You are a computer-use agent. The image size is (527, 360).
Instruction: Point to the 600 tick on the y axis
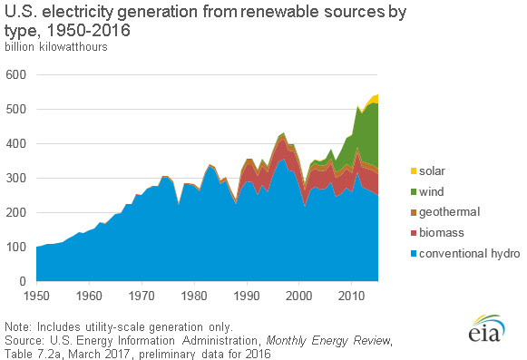[16, 74]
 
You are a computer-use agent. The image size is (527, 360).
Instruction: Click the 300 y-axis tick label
[16, 178]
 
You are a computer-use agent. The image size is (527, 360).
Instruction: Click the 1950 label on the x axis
[36, 296]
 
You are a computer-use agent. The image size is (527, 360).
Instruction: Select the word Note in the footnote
[18, 325]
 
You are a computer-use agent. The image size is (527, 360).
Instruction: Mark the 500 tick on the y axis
[16, 109]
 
